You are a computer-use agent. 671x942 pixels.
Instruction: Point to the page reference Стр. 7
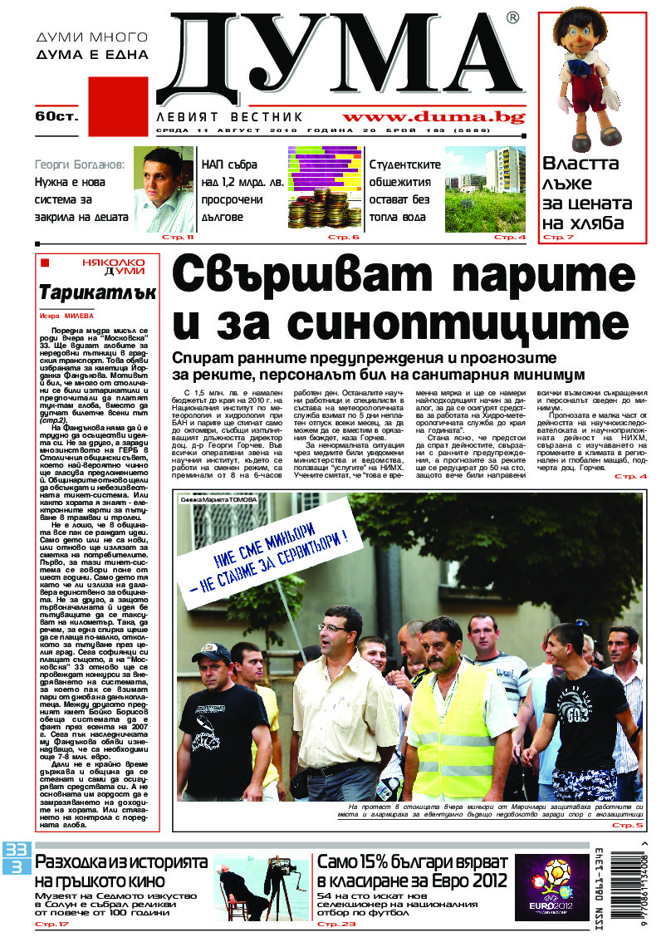(557, 238)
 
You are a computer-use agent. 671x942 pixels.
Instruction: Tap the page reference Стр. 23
(336, 925)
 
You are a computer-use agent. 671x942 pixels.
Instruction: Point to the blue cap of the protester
(212, 653)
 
